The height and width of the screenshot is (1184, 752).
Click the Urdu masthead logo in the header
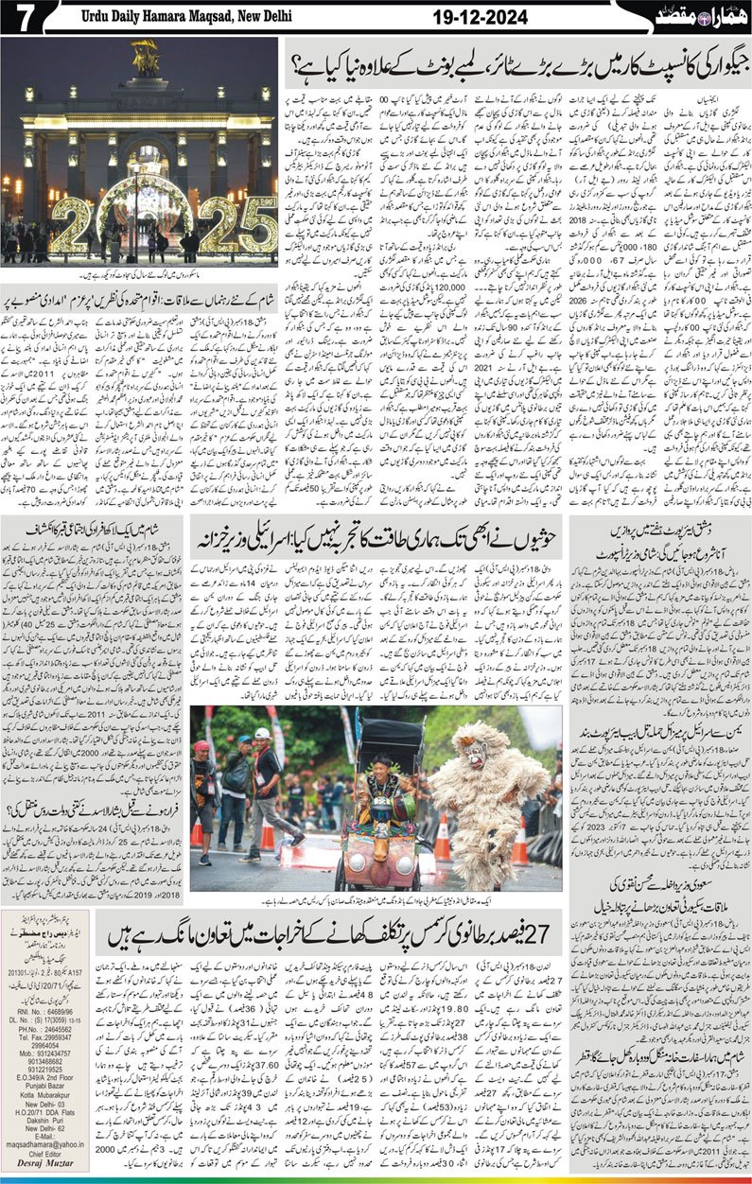(x=708, y=16)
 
